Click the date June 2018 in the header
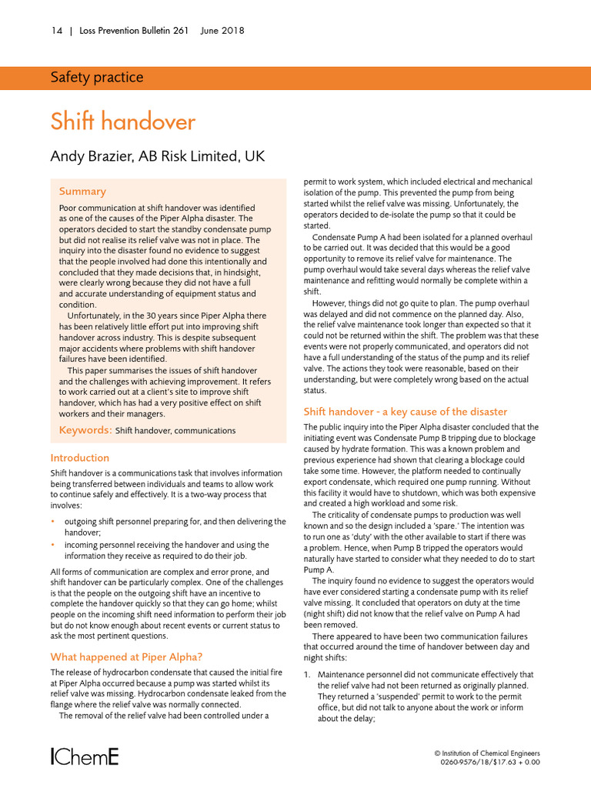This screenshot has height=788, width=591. coord(222,31)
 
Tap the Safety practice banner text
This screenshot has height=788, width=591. coord(96,77)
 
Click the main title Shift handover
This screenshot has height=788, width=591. coord(122,122)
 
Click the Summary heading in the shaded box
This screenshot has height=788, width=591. coord(82,191)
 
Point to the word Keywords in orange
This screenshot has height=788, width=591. coord(85,430)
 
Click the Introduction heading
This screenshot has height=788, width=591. coord(79,458)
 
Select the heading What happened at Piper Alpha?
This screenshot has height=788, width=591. coord(126,656)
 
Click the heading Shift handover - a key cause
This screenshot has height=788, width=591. coord(406,412)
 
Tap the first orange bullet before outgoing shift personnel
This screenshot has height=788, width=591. coord(52,522)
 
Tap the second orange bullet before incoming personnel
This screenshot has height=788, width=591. coord(52,545)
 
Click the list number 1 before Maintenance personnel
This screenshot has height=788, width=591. coord(306,675)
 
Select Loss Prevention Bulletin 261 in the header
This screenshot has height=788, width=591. coord(135,31)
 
